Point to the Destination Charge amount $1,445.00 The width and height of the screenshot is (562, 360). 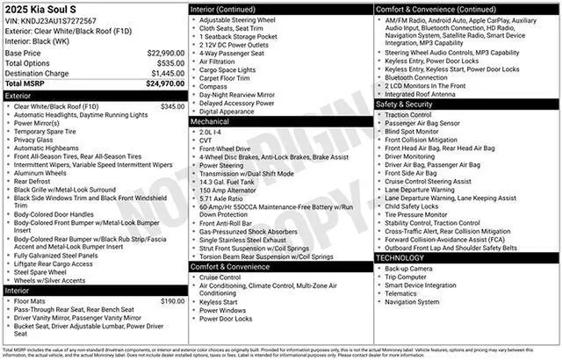coord(163,74)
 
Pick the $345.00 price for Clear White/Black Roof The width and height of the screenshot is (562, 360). coord(172,106)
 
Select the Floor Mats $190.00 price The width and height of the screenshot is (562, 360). coord(172,301)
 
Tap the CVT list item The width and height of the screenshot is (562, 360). coord(205,140)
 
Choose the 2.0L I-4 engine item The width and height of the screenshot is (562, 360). coord(212,132)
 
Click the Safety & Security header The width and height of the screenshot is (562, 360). coord(406,104)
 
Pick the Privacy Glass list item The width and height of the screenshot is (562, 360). coord(33,139)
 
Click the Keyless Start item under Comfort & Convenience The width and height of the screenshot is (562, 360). coord(219,301)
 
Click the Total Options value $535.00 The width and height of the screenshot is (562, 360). coord(165,63)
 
